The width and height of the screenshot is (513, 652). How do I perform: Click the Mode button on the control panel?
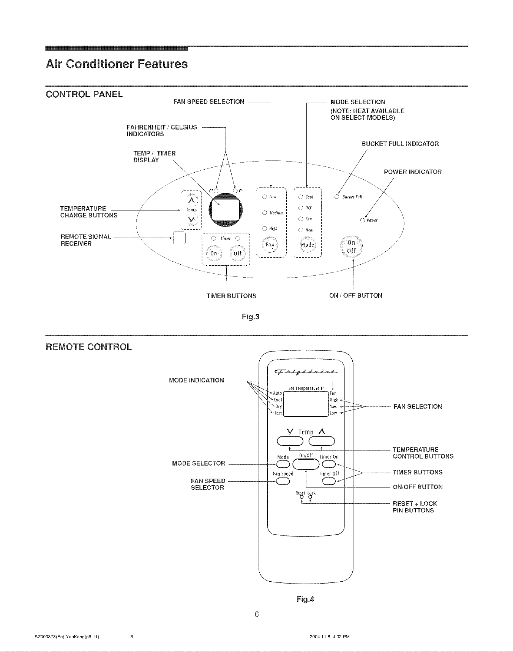pyautogui.click(x=308, y=245)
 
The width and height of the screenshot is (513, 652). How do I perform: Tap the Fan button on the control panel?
pyautogui.click(x=270, y=245)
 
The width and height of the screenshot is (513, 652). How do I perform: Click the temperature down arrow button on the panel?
pyautogui.click(x=192, y=220)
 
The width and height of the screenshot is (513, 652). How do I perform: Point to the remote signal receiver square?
pyautogui.click(x=179, y=237)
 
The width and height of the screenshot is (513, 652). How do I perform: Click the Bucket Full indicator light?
pyautogui.click(x=336, y=197)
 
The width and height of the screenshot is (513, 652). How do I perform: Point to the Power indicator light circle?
pyautogui.click(x=363, y=221)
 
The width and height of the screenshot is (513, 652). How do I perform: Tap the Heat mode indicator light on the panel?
pyautogui.click(x=301, y=230)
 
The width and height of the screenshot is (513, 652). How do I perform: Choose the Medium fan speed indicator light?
pyautogui.click(x=264, y=213)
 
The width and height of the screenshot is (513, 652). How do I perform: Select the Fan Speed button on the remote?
pyautogui.click(x=283, y=482)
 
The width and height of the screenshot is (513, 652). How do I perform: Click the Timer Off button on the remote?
pyautogui.click(x=328, y=482)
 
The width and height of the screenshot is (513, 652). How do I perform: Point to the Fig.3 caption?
pyautogui.click(x=251, y=316)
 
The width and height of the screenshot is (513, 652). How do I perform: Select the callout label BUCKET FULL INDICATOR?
pyautogui.click(x=400, y=144)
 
